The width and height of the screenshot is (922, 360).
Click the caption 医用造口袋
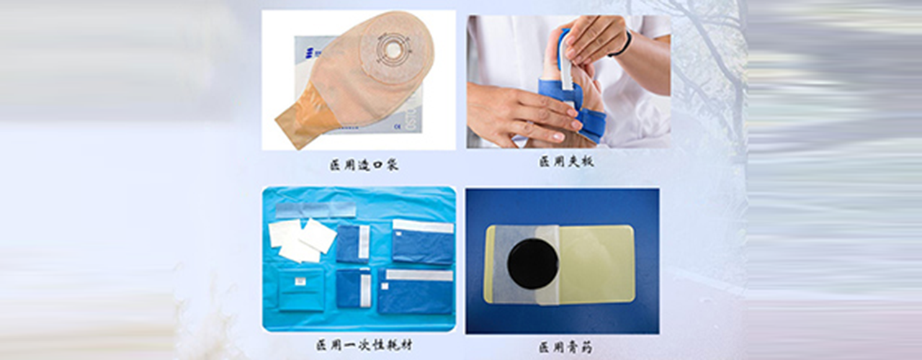point(364,165)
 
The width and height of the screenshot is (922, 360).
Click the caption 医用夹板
point(566,161)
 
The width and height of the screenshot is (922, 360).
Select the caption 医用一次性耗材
point(364,345)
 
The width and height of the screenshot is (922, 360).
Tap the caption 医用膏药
point(566,348)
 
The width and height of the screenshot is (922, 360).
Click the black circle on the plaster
point(532,264)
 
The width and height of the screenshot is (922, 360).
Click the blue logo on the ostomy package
point(309,53)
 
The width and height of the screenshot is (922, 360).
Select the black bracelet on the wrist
point(624,45)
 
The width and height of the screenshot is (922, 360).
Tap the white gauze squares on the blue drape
point(302,240)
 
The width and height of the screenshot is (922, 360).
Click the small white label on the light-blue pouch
point(300,281)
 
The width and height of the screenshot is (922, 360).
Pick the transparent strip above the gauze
point(315,210)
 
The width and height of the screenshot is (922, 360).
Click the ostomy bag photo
point(359,80)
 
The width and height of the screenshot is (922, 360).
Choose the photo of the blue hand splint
point(568,82)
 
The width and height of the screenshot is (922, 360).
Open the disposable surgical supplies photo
point(359,259)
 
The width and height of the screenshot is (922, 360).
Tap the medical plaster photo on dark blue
point(563,261)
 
